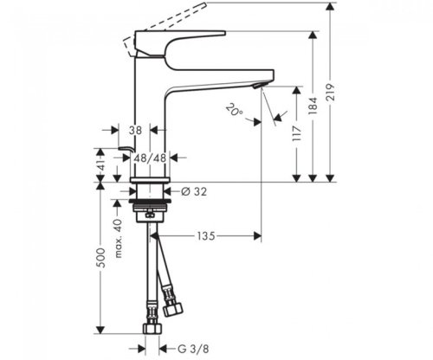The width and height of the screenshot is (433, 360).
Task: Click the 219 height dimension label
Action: click(x=331, y=93)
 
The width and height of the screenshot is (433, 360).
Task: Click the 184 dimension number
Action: click(x=313, y=106)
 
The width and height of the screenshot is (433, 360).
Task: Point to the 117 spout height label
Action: click(x=297, y=133)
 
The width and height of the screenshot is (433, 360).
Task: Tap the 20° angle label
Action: click(x=235, y=110)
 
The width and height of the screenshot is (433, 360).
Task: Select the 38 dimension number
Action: click(x=135, y=131)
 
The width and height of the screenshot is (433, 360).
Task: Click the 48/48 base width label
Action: click(x=149, y=157)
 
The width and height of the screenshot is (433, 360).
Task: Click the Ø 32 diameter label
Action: click(x=194, y=191)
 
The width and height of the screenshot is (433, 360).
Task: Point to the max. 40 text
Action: click(x=118, y=238)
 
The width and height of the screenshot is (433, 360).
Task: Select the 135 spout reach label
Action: click(x=206, y=236)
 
